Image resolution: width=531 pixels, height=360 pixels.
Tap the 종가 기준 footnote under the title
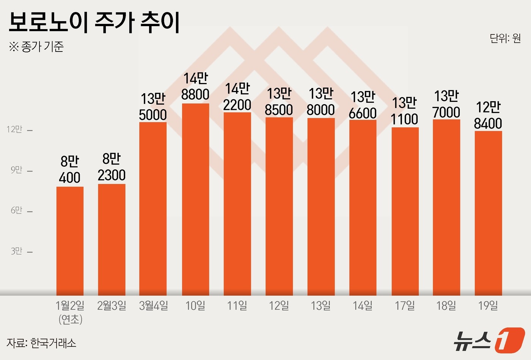tap(36, 47)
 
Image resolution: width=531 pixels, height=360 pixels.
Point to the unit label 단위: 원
tap(505, 38)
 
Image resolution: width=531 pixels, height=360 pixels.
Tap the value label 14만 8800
tap(195, 86)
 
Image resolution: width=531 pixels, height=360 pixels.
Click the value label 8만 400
tap(70, 169)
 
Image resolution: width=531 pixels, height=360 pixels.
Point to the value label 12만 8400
tap(488, 115)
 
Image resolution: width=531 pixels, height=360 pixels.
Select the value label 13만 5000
tap(153, 107)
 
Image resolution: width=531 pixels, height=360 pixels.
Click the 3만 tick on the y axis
tap(16, 251)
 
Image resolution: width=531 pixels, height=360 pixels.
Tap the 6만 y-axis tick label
tap(16, 210)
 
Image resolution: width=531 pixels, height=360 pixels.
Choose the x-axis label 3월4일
tap(153, 305)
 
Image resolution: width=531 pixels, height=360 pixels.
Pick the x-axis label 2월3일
tap(112, 305)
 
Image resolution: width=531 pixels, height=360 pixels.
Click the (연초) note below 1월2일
tap(71, 319)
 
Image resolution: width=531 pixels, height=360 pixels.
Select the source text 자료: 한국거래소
tap(41, 343)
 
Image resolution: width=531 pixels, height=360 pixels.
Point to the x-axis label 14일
tap(363, 305)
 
